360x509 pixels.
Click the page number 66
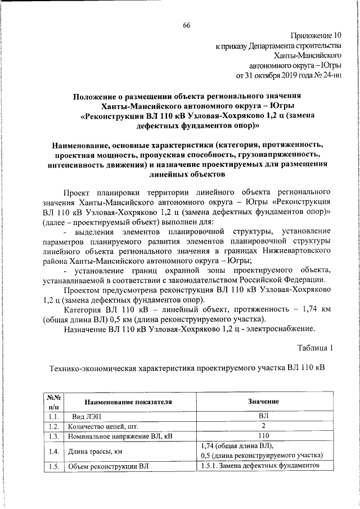[x=186, y=25]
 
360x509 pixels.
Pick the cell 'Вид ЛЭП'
[x=85, y=417]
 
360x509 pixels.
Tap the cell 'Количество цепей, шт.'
[x=103, y=426]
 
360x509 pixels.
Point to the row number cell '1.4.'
[x=54, y=451]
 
